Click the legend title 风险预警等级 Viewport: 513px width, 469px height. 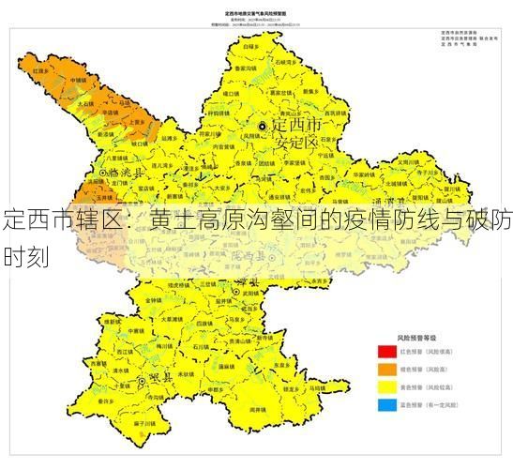click(417, 336)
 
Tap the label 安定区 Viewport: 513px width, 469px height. click(299, 143)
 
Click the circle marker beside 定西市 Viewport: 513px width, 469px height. click(264, 126)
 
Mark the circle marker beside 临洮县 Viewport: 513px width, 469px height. click(103, 174)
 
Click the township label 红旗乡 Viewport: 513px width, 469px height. click(41, 70)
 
